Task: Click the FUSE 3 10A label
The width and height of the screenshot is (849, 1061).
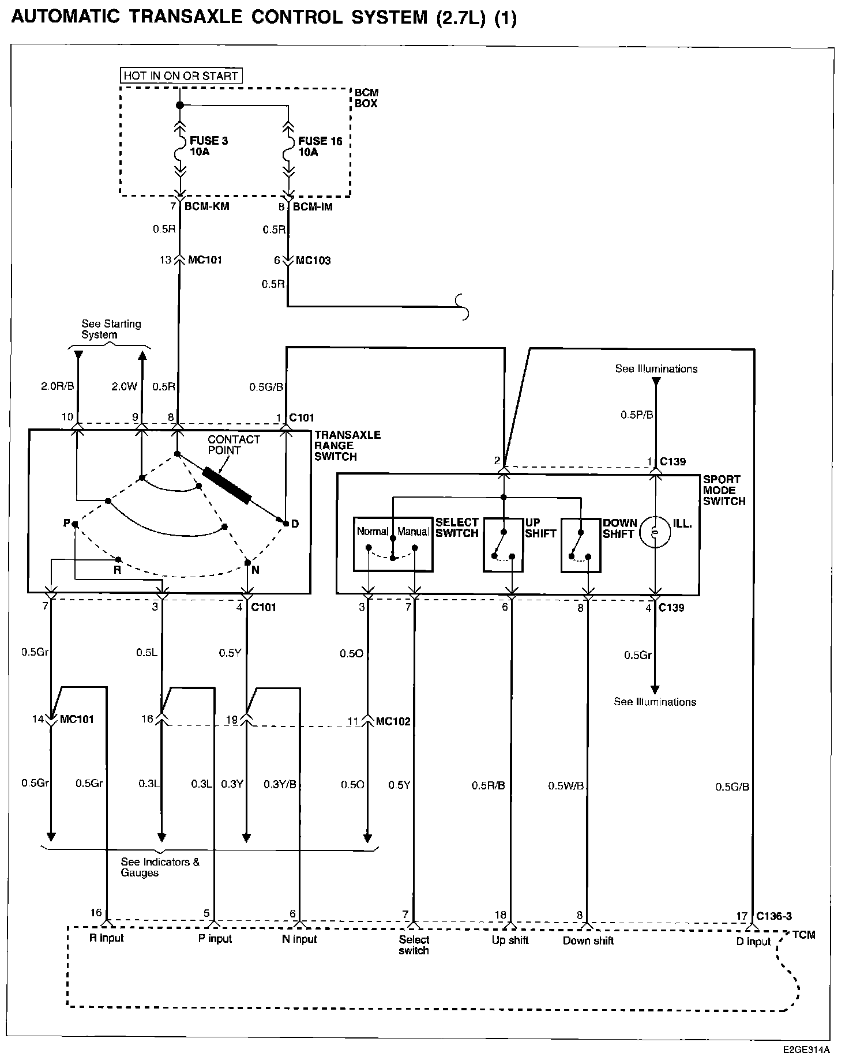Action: coord(209,146)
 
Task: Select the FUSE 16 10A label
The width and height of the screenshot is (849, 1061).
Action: coord(320,146)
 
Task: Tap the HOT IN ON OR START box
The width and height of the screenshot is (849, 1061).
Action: coord(181,76)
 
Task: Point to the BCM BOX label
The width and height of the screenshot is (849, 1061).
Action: coord(366,98)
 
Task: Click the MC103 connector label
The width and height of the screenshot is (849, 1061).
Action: coord(313,261)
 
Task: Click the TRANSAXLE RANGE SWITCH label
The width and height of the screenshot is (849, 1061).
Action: coord(347,446)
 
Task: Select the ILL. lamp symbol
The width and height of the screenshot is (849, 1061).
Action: coord(655,533)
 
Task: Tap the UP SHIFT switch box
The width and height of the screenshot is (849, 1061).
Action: coord(503,544)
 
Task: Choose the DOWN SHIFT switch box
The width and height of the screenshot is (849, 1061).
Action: coord(581,544)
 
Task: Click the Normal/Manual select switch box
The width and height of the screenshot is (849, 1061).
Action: coord(393,544)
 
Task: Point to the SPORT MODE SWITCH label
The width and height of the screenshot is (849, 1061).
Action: coord(724,490)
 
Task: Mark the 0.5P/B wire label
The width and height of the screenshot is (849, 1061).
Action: coord(637,415)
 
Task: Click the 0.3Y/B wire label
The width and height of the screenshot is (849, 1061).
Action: coord(280,784)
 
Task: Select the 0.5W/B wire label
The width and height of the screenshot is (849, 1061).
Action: coord(566,785)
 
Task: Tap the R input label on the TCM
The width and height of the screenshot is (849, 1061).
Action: coord(107,938)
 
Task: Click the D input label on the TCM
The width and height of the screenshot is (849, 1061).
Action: coord(753,942)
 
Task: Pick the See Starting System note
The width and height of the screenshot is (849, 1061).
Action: coord(111,329)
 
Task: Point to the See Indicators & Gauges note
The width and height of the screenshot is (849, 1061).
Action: coord(160,867)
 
